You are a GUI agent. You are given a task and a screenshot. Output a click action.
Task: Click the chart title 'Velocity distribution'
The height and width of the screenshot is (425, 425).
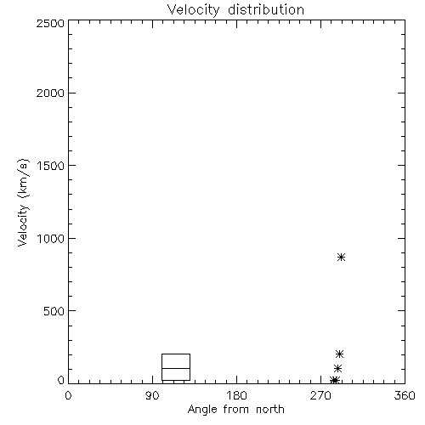[x=235, y=10]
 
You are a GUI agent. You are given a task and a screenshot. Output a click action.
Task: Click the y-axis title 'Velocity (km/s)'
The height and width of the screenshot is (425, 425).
[x=23, y=202]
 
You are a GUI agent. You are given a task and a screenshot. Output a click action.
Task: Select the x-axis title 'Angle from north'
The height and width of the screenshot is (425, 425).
[x=235, y=410]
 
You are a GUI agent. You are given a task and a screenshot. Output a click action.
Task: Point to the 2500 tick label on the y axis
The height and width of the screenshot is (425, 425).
[x=50, y=23]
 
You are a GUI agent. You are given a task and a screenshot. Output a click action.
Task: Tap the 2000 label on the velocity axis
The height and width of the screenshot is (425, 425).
[x=50, y=93]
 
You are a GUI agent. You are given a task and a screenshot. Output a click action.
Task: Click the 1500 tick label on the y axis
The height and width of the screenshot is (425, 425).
[x=51, y=166]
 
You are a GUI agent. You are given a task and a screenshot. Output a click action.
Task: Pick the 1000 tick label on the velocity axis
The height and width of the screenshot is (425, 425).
[x=51, y=238]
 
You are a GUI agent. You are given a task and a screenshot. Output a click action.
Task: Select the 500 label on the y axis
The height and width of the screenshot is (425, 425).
[x=54, y=311]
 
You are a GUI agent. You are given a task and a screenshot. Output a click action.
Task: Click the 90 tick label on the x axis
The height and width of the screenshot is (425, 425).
[x=152, y=395]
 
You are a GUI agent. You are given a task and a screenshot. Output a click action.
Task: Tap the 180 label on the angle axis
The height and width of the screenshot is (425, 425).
[x=236, y=395]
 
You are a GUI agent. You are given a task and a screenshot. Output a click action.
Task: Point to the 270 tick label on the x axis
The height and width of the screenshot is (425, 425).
[x=320, y=395]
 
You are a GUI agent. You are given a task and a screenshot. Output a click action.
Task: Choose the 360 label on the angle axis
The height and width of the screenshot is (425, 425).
[x=405, y=395]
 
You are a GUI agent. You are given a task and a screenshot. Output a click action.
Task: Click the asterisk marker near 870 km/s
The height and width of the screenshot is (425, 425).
[x=341, y=257]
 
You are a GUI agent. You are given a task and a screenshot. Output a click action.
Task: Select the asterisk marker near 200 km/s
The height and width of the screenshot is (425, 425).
[x=339, y=354]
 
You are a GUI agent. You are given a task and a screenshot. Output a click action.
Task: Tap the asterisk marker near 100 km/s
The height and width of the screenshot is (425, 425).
[x=337, y=368]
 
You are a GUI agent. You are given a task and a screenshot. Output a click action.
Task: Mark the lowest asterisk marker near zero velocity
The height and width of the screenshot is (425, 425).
[x=335, y=380]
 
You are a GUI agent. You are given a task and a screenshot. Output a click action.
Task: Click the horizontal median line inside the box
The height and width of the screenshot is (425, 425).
[x=176, y=368]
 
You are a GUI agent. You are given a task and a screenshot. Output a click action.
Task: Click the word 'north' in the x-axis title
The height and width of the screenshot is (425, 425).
[x=270, y=410]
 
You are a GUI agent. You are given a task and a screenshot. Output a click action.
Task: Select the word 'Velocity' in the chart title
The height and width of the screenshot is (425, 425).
[x=193, y=10]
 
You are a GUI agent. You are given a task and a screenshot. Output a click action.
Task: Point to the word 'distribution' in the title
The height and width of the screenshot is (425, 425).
[x=266, y=9]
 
